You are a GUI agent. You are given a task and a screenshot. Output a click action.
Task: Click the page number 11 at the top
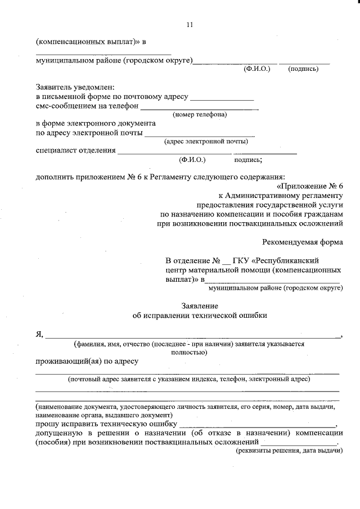coord(189,25)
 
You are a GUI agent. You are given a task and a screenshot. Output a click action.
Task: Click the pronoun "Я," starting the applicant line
coord(39,334)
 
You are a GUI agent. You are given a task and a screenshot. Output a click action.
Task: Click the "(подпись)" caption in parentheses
coord(303,69)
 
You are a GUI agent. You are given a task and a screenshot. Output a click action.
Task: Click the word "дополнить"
coord(54,177)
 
